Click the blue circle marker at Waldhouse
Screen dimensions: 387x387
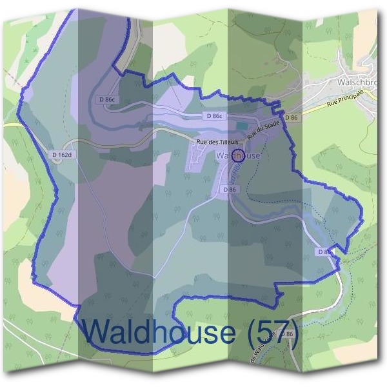(x=237, y=155)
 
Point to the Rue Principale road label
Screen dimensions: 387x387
(x=346, y=100)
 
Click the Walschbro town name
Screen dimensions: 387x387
(x=357, y=83)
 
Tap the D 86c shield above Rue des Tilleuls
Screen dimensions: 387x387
(x=215, y=116)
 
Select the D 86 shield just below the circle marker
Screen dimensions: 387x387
(x=230, y=190)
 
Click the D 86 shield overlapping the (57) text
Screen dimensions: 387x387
(x=287, y=333)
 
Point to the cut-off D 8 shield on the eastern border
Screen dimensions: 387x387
(x=323, y=251)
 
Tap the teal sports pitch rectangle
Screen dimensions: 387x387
(x=241, y=125)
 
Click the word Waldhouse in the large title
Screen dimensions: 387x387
(x=159, y=332)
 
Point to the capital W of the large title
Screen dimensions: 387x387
(x=97, y=332)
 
